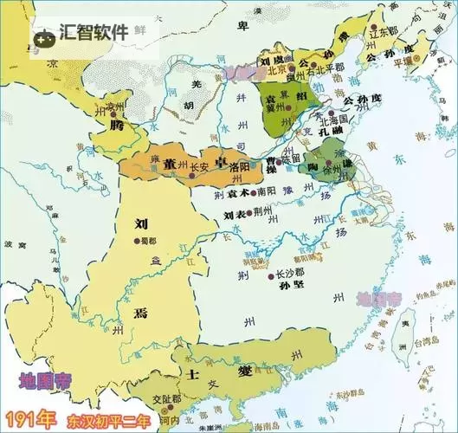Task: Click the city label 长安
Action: pyautogui.click(x=199, y=167)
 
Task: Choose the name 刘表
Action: pyautogui.click(x=235, y=214)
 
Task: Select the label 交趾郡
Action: pyautogui.click(x=165, y=399)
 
